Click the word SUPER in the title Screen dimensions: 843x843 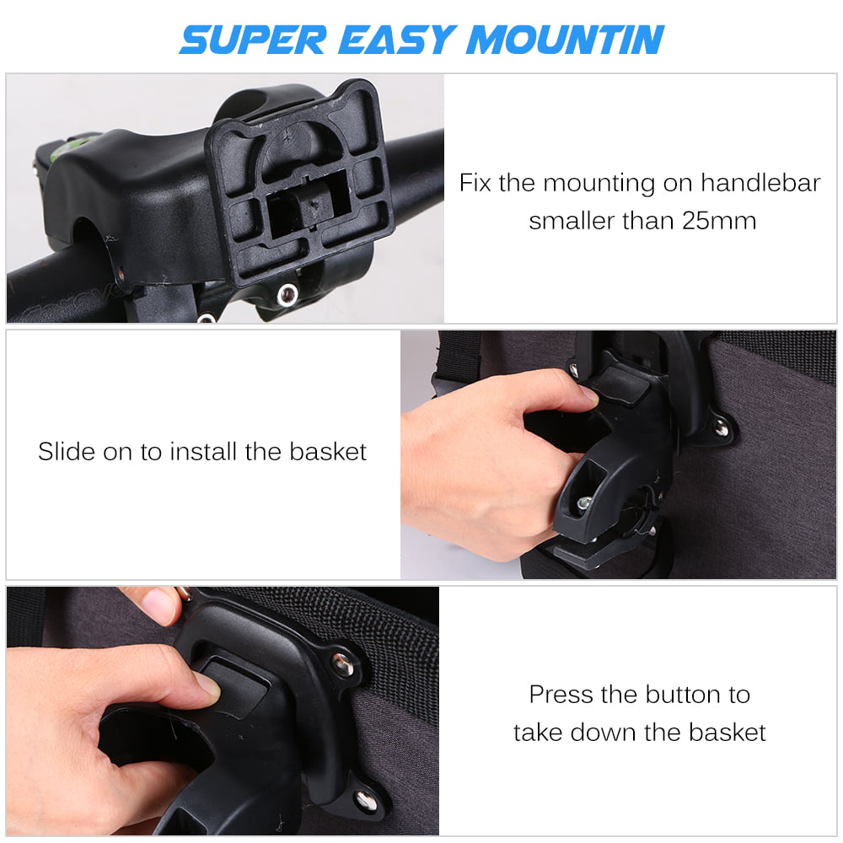coord(253,40)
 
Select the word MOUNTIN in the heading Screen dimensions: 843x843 coord(566,40)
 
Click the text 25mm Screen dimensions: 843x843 coord(719,221)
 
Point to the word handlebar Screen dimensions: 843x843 coord(760,183)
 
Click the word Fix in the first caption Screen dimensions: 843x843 coord(475,183)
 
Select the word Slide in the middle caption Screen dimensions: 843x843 coord(67,452)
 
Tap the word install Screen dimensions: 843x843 coord(204,452)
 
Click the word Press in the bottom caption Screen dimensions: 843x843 coord(561,695)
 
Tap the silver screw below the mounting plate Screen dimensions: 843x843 coord(287,294)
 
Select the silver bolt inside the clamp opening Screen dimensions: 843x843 coord(584,503)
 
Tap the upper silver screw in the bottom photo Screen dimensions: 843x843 coord(341,664)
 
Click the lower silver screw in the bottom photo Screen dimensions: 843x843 coord(366,800)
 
